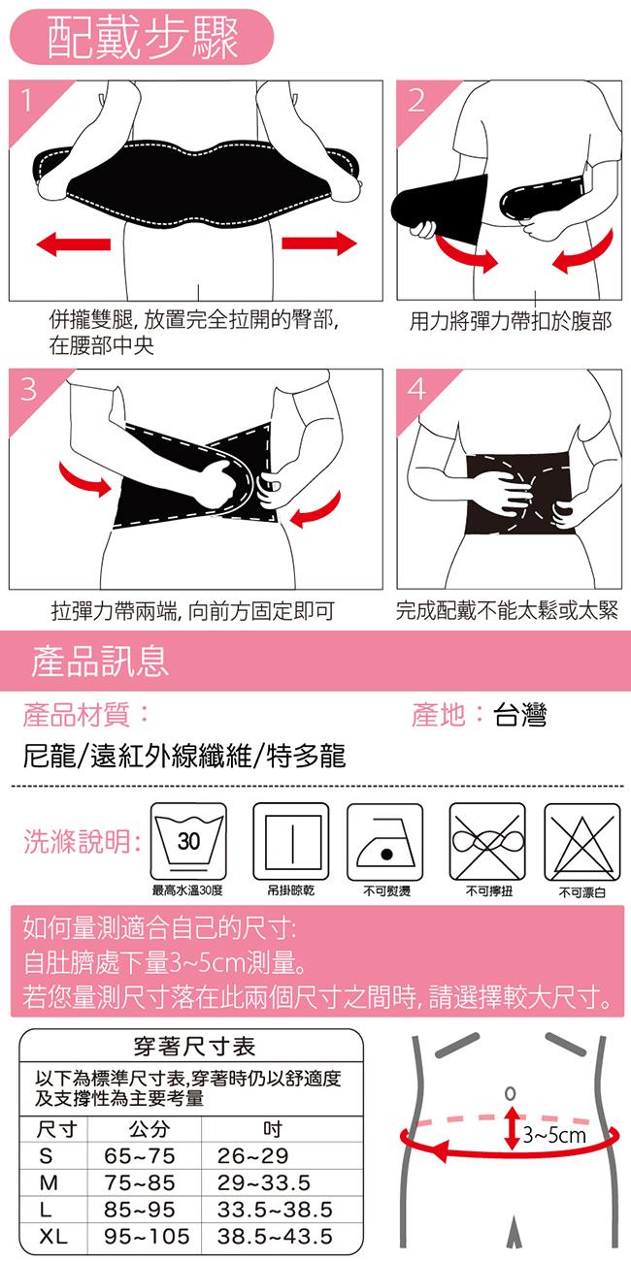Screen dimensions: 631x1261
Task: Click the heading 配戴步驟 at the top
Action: click(x=142, y=37)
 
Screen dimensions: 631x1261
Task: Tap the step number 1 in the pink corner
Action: click(x=26, y=101)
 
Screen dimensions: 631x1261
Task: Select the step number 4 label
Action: click(x=416, y=388)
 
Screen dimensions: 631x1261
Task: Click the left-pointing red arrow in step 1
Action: click(x=73, y=243)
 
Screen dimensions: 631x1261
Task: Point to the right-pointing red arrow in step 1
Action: click(x=319, y=242)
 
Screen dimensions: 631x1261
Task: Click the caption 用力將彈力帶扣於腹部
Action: click(x=511, y=321)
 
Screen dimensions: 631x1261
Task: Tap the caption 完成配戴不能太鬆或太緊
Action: click(x=507, y=610)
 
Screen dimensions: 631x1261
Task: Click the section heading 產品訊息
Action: click(x=100, y=661)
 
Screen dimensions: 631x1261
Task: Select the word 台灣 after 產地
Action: click(x=519, y=715)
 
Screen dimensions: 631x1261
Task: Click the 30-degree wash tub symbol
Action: click(x=188, y=842)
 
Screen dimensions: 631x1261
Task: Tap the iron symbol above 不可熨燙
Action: click(x=384, y=842)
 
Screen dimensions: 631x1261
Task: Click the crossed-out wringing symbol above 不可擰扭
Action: click(x=487, y=842)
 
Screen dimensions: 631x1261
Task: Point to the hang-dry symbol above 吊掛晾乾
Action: click(x=290, y=842)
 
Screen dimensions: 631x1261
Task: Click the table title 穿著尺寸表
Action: click(x=194, y=1047)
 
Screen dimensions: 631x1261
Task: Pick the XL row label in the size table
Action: click(x=53, y=1236)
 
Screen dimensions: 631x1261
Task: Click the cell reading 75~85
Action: click(x=139, y=1182)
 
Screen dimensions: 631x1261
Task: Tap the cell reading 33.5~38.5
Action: click(x=275, y=1210)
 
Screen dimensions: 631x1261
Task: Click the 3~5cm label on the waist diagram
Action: click(x=554, y=1134)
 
